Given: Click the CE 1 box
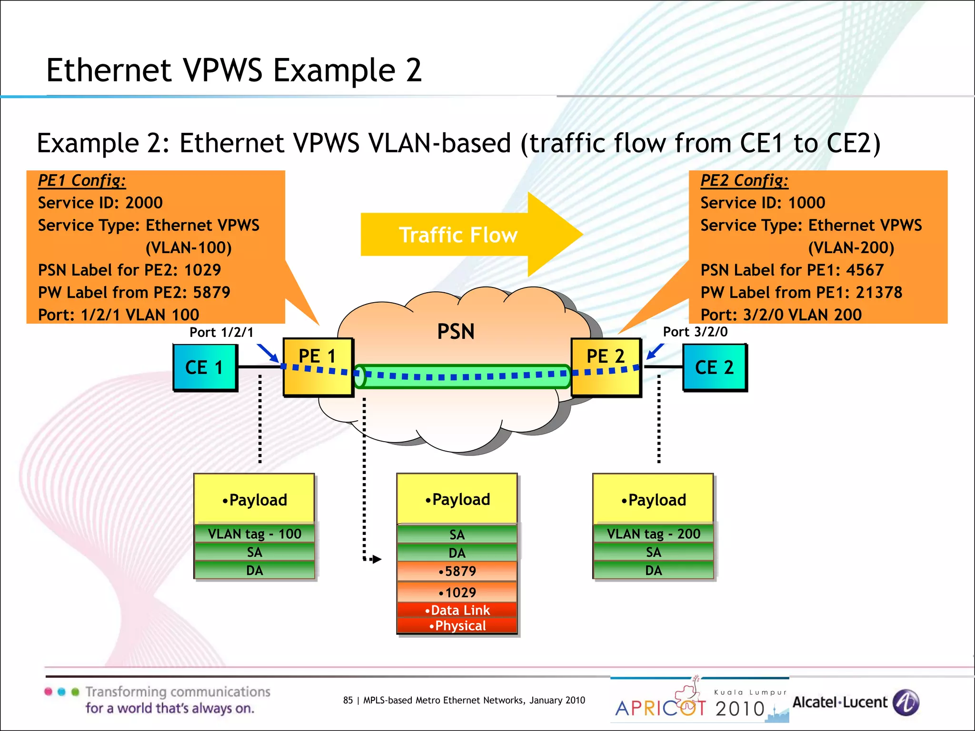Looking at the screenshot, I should click(x=205, y=367).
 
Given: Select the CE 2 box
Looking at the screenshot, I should click(x=714, y=367).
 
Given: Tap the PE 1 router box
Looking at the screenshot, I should click(x=318, y=366).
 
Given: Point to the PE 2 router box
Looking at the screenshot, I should click(x=606, y=366).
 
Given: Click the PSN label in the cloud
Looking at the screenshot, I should click(x=456, y=332).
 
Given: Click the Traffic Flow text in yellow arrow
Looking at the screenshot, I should click(x=458, y=235).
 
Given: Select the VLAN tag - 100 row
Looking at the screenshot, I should click(x=254, y=534).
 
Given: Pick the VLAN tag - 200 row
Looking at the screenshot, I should click(x=653, y=534).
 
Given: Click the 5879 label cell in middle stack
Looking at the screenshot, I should click(x=457, y=571).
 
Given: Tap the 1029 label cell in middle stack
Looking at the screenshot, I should click(x=457, y=593).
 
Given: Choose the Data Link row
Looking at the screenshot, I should click(x=457, y=610).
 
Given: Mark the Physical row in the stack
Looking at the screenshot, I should click(x=457, y=626).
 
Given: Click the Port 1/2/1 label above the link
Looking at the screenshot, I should click(x=221, y=332).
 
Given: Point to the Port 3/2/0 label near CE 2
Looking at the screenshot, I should click(x=695, y=332).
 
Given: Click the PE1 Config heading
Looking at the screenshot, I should click(x=82, y=180).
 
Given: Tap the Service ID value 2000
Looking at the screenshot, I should click(x=144, y=203).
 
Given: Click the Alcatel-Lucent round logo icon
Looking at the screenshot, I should click(x=905, y=702).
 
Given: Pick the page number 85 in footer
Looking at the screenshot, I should click(x=348, y=700).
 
